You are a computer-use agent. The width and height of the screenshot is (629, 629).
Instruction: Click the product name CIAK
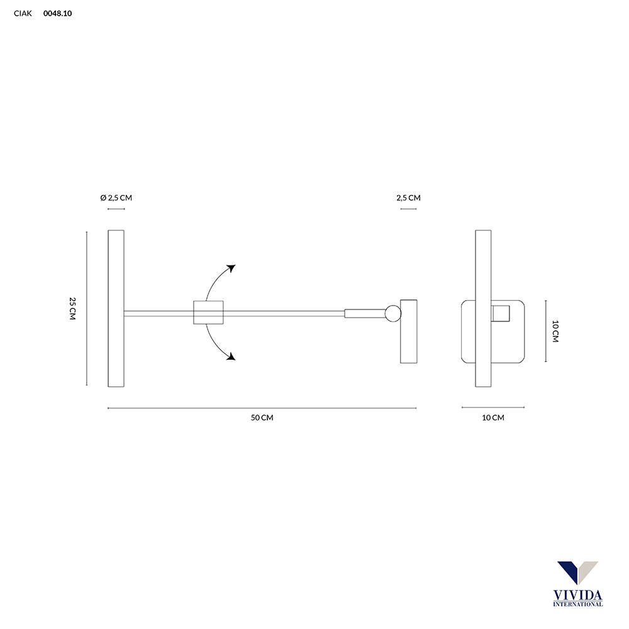[23, 13]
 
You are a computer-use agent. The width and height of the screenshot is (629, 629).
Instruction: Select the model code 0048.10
[57, 13]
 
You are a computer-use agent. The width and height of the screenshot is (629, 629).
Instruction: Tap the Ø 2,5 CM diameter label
[116, 198]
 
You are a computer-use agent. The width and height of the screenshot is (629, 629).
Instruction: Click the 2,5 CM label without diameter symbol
[408, 198]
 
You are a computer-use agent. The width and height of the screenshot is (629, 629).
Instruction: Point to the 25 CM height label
[72, 308]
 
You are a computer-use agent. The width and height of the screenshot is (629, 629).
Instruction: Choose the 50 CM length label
[262, 418]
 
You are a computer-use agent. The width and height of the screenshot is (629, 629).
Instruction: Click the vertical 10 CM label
[555, 331]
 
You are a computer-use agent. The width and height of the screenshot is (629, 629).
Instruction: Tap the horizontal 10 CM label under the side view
[493, 418]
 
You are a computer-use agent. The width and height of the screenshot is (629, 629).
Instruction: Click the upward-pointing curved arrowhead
[231, 268]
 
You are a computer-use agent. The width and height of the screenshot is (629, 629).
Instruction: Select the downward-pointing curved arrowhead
[231, 356]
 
